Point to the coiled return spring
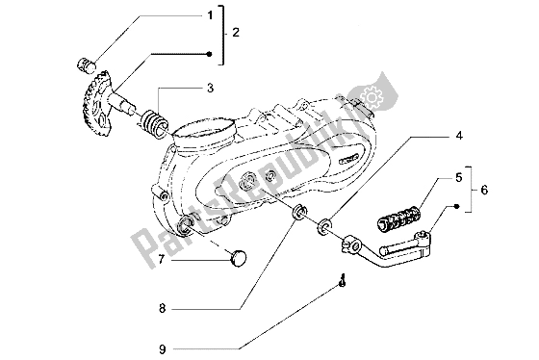[152, 125]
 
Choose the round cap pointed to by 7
[238, 256]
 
